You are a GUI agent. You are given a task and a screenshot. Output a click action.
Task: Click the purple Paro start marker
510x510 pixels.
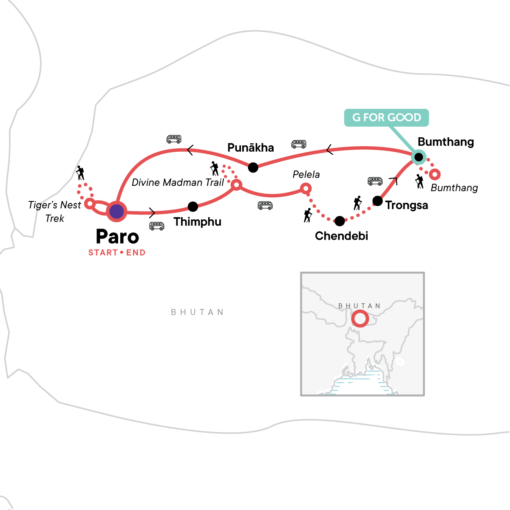pyautogui.click(x=116, y=211)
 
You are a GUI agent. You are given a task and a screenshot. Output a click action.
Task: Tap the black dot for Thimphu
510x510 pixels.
pyautogui.click(x=193, y=207)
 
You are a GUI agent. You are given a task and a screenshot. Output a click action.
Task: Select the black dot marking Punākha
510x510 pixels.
pyautogui.click(x=253, y=167)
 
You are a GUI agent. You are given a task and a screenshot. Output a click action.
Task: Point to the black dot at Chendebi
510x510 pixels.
pyautogui.click(x=340, y=221)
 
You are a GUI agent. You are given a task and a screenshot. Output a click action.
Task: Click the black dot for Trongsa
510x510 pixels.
pyautogui.click(x=377, y=201)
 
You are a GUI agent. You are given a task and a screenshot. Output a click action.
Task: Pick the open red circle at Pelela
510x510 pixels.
pyautogui.click(x=306, y=188)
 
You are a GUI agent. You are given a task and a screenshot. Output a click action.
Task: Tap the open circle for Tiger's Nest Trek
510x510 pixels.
pyautogui.click(x=90, y=204)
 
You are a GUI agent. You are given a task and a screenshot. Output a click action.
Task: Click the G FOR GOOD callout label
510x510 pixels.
pyautogui.click(x=386, y=117)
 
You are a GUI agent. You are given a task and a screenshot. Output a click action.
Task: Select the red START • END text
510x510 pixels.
pyautogui.click(x=117, y=252)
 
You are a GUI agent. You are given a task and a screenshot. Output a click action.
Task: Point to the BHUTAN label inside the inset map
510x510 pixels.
pyautogui.click(x=359, y=306)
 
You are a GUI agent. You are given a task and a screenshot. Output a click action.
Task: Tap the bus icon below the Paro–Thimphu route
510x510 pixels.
pyautogui.click(x=157, y=226)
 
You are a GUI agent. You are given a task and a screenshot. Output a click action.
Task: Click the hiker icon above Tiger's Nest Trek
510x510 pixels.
pyautogui.click(x=80, y=173)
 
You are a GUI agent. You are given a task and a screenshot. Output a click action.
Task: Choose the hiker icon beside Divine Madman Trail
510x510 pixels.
pyautogui.click(x=215, y=169)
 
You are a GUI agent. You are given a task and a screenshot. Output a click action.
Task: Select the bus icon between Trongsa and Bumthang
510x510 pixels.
pyautogui.click(x=375, y=181)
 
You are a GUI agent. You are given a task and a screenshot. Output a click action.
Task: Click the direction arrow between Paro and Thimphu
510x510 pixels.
pyautogui.click(x=153, y=212)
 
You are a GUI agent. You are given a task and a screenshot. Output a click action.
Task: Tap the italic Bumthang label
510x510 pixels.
pyautogui.click(x=454, y=188)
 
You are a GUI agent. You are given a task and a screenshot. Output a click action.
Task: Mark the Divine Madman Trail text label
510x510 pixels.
pyautogui.click(x=178, y=182)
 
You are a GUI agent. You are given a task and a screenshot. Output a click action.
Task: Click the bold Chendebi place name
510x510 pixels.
pyautogui.click(x=341, y=236)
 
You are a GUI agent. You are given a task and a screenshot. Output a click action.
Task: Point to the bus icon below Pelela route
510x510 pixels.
pyautogui.click(x=265, y=206)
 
